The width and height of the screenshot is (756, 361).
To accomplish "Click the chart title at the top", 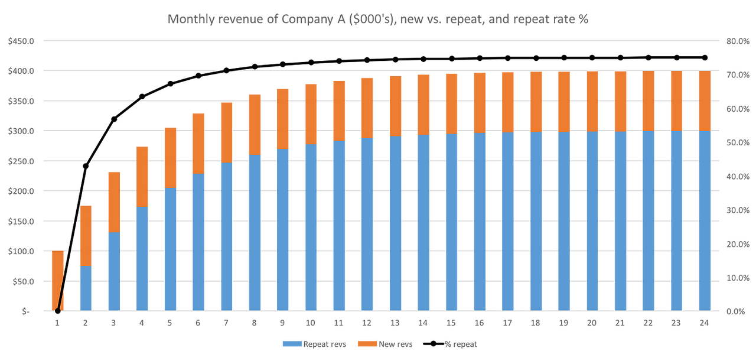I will click(378, 19).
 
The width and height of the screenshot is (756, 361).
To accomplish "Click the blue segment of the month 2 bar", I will click(86, 288).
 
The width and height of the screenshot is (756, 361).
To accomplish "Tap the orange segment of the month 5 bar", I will click(170, 157).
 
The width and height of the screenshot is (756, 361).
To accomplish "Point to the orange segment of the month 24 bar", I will click(704, 100).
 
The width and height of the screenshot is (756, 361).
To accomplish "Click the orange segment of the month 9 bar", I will click(282, 118).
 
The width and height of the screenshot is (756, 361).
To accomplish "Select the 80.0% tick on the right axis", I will click(737, 41).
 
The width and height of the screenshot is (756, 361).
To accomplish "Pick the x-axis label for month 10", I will click(311, 323).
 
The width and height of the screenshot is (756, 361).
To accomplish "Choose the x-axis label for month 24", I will click(704, 323).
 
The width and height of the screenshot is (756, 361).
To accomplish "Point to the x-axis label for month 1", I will click(57, 323).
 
